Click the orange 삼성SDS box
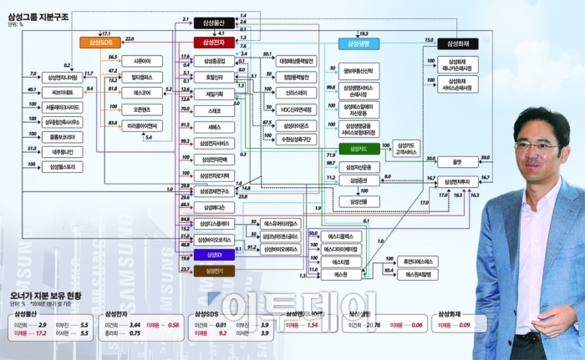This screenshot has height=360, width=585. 99,41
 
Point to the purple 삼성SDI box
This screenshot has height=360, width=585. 214,254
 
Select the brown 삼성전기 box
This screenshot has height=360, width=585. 214,271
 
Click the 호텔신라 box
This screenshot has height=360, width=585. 214,78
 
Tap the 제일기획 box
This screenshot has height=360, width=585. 214,94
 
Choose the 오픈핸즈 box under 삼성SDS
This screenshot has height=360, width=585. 142,109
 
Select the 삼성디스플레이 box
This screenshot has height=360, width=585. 214,223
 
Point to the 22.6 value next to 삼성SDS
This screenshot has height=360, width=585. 130,38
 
